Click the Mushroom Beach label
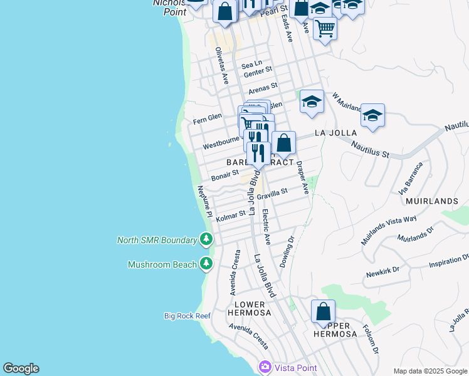(162, 264)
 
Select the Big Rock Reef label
(187, 316)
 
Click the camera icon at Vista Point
(265, 367)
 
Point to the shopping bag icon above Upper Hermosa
(323, 311)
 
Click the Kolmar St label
(231, 216)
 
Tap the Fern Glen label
(208, 118)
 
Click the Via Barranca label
(411, 178)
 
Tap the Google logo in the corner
(21, 368)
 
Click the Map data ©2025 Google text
(429, 371)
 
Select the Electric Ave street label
(266, 226)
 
